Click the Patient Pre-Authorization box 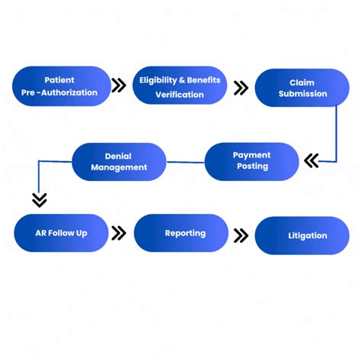coord(61,86)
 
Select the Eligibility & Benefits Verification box coord(179,86)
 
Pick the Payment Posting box coord(251,161)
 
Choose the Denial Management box coord(118,161)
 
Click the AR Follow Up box coord(61,232)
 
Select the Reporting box coord(181,233)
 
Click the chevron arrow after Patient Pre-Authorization coord(119,86)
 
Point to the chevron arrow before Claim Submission coord(241,88)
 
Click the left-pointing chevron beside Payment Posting coord(311,160)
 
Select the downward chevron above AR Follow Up coord(40,200)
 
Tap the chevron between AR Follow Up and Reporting coord(119,233)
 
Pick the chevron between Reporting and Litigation coord(241,235)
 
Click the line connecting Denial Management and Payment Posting coord(185,161)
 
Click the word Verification coord(179,95)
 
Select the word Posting coord(251,166)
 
